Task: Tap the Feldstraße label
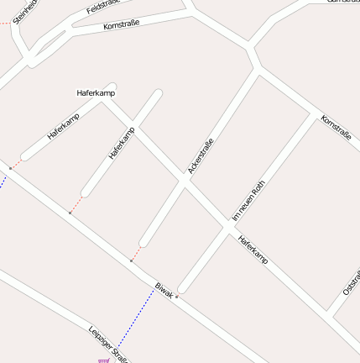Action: [x=104, y=8]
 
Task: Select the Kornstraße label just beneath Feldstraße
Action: [x=121, y=25]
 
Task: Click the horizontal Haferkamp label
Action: [x=95, y=92]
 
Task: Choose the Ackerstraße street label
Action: [x=201, y=156]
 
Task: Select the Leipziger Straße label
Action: [x=107, y=344]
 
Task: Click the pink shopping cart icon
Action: [x=103, y=360]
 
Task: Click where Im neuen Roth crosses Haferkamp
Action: [x=229, y=225]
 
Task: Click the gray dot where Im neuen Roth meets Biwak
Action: [x=177, y=297]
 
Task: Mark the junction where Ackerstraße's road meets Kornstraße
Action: [x=258, y=71]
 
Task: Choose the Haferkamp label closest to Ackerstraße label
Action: [x=121, y=144]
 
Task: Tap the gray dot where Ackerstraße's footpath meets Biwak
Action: [x=131, y=261]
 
